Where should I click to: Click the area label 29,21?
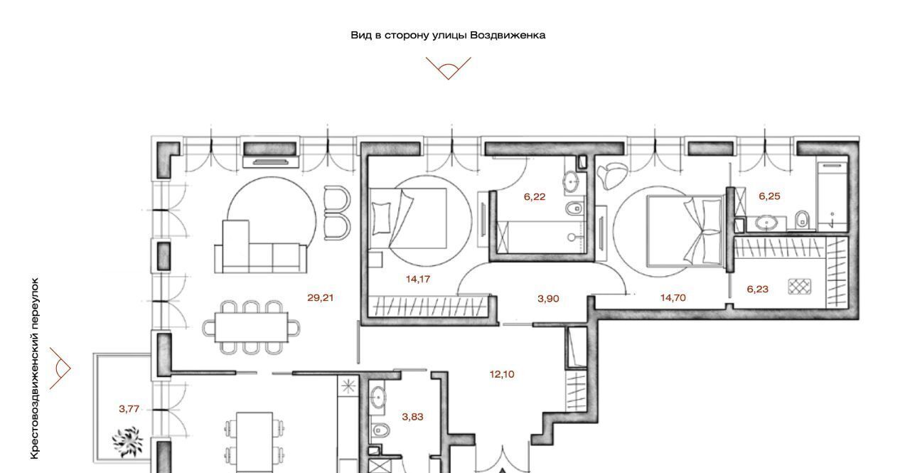320,298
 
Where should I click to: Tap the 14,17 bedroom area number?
417,279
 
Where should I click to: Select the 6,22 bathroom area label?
534,197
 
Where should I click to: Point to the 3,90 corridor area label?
548,299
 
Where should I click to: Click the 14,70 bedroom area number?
673,298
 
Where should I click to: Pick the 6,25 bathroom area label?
769,196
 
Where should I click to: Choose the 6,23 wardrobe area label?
758,289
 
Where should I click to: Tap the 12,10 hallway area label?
502,374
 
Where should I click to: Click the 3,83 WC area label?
412,417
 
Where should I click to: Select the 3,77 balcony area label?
129,409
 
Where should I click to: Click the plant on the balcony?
128,441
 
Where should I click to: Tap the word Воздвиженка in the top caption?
508,36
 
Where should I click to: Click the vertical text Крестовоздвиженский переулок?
35,368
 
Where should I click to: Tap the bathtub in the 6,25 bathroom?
833,197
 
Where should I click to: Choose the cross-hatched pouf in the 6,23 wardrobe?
800,287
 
